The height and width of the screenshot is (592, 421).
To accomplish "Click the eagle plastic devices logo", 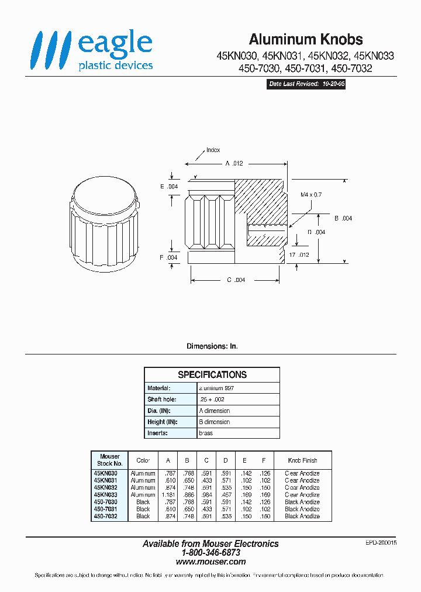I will (92, 51).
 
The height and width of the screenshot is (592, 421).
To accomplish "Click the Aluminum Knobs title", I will (306, 39).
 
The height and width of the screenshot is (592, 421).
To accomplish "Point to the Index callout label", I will (213, 150).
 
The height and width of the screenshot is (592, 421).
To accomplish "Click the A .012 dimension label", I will (234, 164).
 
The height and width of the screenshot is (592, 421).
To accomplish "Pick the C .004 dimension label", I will (236, 280).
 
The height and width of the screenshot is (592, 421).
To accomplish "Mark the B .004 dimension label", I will (343, 218).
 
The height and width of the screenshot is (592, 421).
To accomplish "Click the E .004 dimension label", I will (168, 187).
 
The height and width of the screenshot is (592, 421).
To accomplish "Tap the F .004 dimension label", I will (168, 257).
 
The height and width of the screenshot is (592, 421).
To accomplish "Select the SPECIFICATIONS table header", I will (212, 374).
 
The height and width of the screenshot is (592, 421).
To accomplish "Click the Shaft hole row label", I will (159, 399).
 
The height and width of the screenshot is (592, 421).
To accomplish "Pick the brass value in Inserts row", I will (206, 433).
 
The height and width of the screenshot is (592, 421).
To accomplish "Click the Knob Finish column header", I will (302, 460).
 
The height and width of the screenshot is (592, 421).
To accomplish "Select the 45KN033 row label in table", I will (106, 495).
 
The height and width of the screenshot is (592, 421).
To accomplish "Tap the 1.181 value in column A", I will (168, 495).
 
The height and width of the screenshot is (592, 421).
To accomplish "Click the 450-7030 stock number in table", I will (106, 502).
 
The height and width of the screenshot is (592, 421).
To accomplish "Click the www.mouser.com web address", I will (210, 562).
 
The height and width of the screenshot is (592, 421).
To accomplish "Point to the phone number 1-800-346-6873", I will (210, 553).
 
